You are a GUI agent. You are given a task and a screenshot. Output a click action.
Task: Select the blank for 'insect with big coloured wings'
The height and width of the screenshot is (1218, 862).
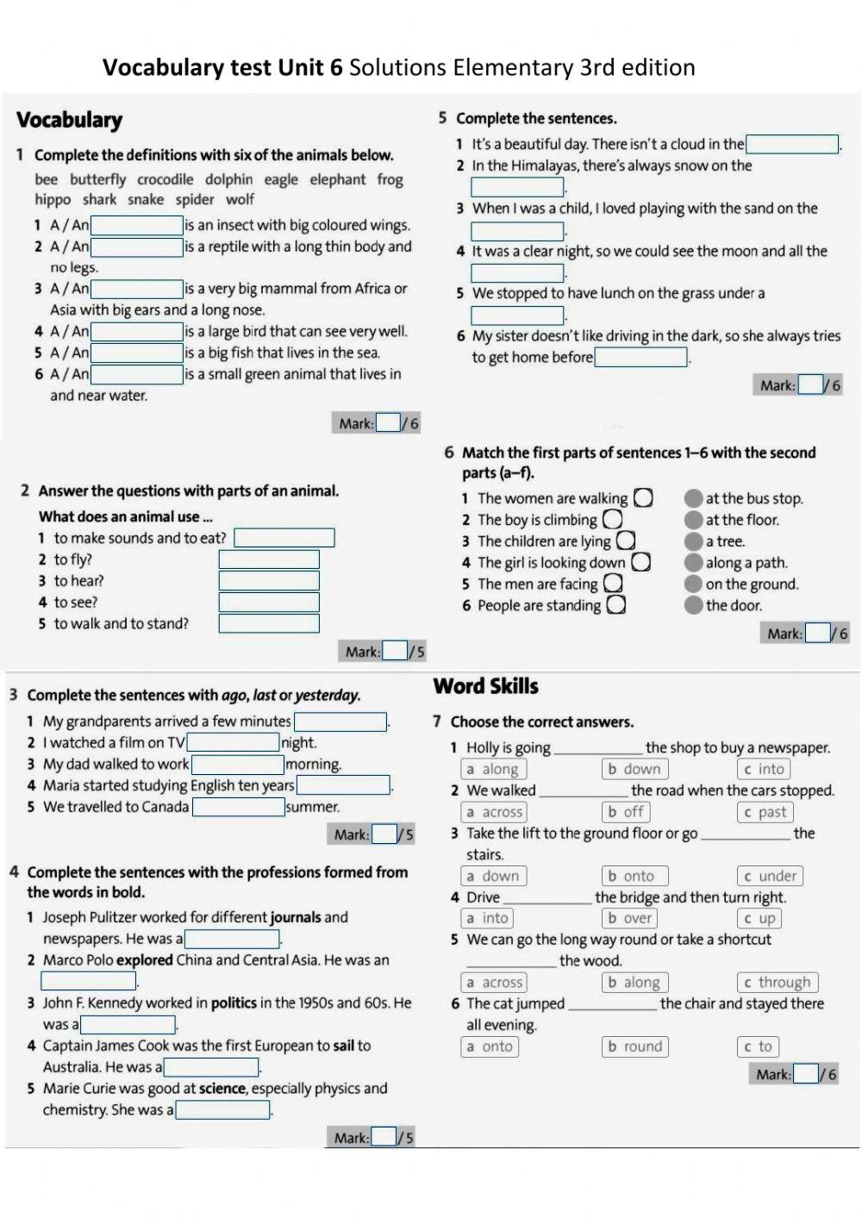point(137,226)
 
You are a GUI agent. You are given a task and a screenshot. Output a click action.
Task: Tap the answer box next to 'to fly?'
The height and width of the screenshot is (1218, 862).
point(269,559)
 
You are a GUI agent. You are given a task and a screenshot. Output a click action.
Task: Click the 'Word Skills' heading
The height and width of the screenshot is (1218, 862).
point(485,686)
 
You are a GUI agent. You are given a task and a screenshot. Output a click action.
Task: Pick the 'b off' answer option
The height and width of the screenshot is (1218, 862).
point(626,812)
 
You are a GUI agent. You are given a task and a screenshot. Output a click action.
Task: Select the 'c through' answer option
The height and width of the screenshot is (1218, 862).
point(777,983)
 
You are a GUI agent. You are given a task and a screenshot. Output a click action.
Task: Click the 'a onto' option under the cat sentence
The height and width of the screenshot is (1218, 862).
point(490,1046)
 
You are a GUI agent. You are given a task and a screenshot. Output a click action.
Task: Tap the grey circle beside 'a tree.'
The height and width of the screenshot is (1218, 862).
point(693,541)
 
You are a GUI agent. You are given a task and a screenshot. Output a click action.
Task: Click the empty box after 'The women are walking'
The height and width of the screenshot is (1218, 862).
point(643,498)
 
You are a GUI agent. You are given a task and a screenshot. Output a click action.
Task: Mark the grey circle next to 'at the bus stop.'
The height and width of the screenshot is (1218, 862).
point(693,498)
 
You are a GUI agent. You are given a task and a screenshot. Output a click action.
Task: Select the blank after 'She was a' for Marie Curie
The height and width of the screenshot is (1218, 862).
point(223,1110)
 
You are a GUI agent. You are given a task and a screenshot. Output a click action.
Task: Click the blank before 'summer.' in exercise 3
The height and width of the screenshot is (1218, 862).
point(238,807)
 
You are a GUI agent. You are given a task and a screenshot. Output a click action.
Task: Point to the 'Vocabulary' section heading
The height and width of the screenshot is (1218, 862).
point(70,120)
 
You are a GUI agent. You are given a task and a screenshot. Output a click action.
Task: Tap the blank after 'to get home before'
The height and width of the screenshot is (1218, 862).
point(640,357)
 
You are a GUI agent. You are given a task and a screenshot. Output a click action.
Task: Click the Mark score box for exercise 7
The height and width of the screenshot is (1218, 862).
point(805,1074)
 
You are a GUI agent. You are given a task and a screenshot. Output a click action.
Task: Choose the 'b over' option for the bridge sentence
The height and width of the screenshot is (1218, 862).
point(629,919)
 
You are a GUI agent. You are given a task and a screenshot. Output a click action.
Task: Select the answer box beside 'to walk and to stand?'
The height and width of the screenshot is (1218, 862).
point(269,623)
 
